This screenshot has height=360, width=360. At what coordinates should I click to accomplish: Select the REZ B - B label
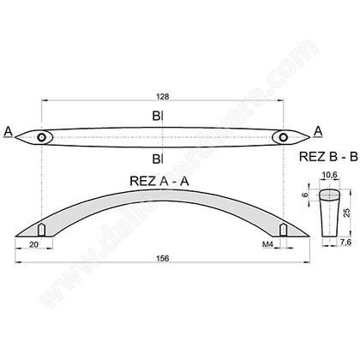pyautogui.click(x=322, y=159)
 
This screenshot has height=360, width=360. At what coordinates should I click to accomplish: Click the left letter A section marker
pyautogui.click(x=9, y=131)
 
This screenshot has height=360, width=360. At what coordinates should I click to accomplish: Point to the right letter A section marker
pyautogui.click(x=317, y=129)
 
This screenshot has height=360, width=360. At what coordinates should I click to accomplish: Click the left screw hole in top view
pyautogui.click(x=43, y=137)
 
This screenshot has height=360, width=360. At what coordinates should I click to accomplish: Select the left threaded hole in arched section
pyautogui.click(x=43, y=230)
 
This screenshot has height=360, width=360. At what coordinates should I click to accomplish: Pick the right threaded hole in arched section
pyautogui.click(x=280, y=230)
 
